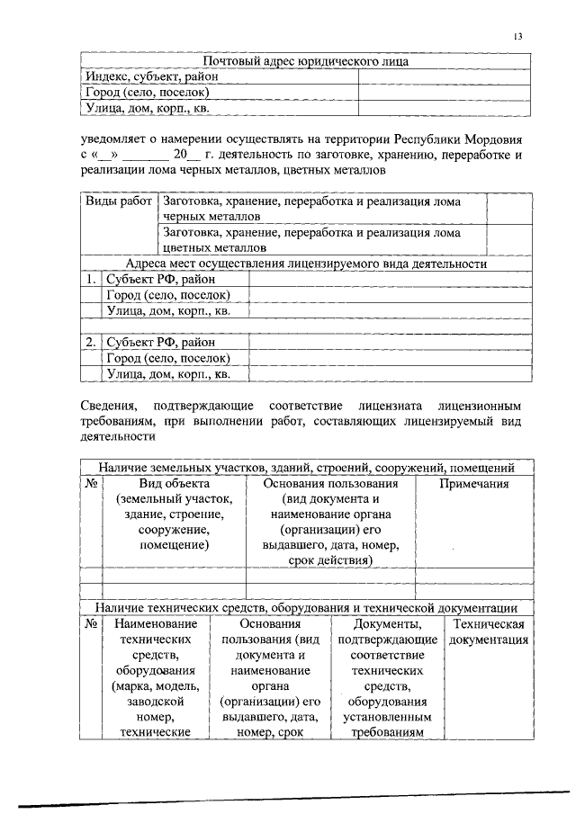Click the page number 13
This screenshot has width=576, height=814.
click(517, 36)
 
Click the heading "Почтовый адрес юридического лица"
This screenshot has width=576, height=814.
click(305, 62)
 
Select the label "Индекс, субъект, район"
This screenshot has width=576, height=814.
click(151, 77)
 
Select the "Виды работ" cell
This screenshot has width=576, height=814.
click(119, 202)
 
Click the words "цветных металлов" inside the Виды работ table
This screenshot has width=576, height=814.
click(214, 246)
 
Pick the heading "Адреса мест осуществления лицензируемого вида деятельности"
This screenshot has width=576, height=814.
click(306, 264)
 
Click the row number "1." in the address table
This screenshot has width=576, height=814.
click(91, 280)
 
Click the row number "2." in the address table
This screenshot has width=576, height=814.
click(91, 342)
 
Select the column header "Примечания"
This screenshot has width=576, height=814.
click(474, 484)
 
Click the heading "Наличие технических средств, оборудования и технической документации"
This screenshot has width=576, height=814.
click(306, 608)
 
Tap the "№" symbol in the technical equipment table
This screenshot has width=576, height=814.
click(90, 623)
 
